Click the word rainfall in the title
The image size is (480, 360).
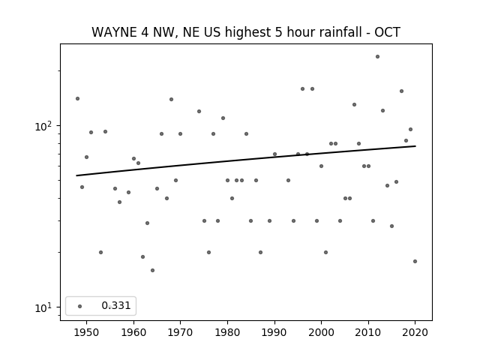coord(343,32)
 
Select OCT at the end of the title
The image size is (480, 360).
coord(387,32)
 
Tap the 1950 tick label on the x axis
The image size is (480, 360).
coord(87,332)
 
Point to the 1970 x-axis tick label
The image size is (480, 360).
coord(180,332)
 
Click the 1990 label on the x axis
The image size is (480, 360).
coord(274,332)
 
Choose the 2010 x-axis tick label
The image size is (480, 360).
coord(368,332)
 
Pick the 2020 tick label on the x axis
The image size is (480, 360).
coord(415,332)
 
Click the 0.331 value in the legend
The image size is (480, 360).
coord(116,305)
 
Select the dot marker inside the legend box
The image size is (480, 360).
coord(80,306)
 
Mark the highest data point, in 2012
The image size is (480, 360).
coord(377,57)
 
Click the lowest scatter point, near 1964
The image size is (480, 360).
coord(152,270)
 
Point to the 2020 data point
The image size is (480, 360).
coord(415,262)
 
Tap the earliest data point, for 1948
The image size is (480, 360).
coord(77,98)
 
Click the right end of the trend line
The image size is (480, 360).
coord(415,146)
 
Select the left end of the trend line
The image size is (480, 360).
coord(76,175)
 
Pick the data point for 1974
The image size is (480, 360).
coord(199,112)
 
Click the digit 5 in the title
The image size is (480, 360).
coord(278,32)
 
